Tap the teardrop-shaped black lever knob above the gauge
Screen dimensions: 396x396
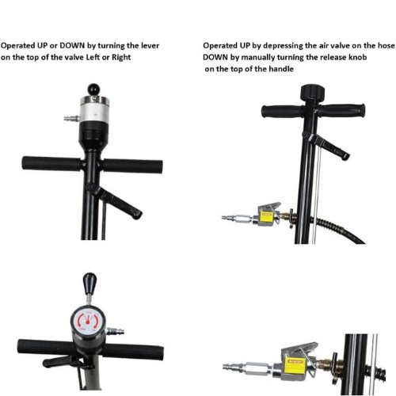[x=89, y=281]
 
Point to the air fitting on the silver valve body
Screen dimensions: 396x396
[x=71, y=119]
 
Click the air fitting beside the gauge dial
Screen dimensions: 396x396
[x=115, y=331]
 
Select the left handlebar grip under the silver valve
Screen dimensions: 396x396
[x=51, y=164]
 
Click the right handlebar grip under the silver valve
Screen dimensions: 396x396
[x=132, y=166]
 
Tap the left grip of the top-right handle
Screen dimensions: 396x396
[x=283, y=112]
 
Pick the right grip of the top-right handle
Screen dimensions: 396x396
[x=342, y=110]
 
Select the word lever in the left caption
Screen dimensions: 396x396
[x=150, y=46]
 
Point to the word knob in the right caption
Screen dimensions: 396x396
[x=358, y=57]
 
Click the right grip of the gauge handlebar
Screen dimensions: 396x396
[x=133, y=352]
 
